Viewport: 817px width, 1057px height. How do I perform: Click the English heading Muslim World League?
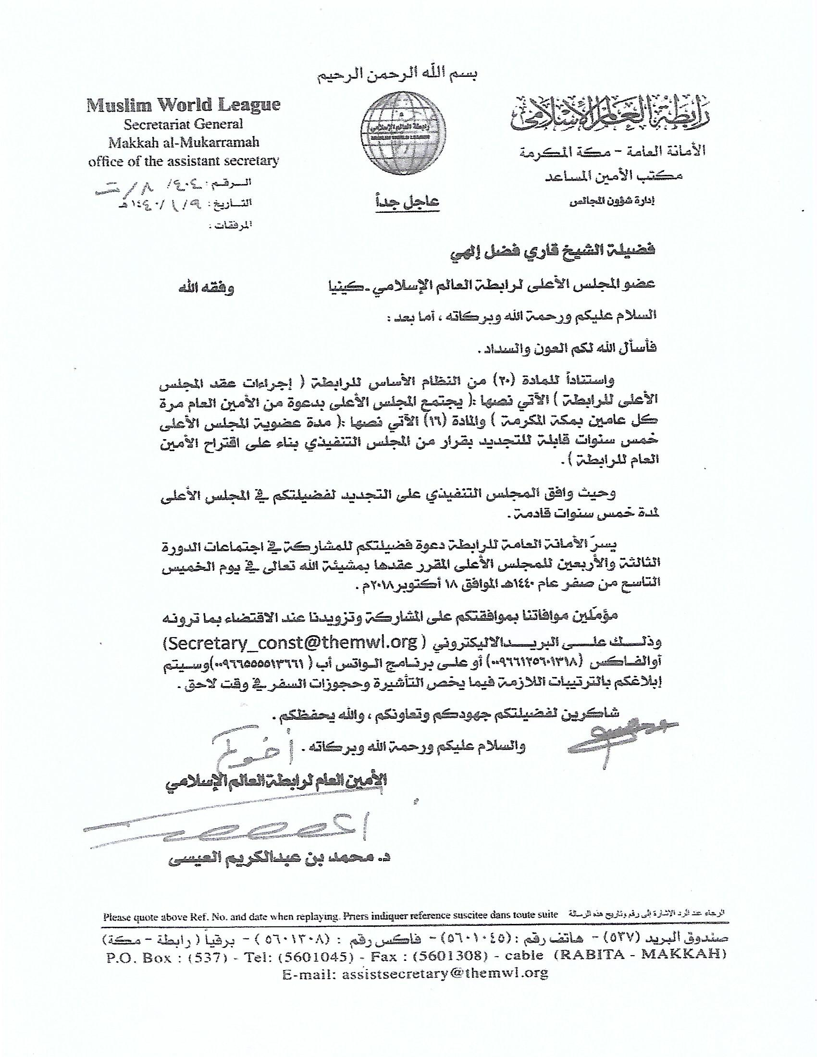(184, 105)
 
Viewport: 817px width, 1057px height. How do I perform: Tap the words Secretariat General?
(184, 124)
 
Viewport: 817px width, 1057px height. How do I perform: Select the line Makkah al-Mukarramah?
(184, 142)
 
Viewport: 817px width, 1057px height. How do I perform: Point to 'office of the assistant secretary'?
(184, 160)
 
